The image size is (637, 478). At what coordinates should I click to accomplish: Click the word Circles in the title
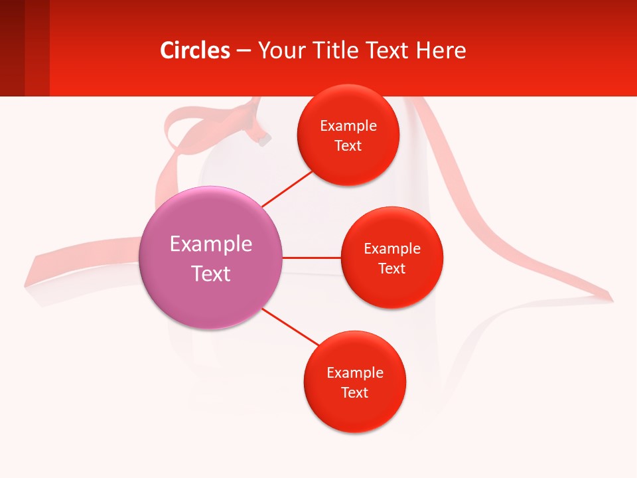pyautogui.click(x=195, y=50)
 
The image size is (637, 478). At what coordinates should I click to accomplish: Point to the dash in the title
pyautogui.click(x=244, y=51)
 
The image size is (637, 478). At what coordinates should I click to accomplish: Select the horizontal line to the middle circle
pyautogui.click(x=312, y=258)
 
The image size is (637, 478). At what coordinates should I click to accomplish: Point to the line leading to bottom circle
pyautogui.click(x=290, y=327)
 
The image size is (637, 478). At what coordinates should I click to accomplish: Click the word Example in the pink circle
pyautogui.click(x=211, y=244)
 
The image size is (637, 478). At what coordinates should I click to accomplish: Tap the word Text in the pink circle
pyautogui.click(x=211, y=274)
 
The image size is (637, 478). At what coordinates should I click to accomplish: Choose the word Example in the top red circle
pyautogui.click(x=348, y=126)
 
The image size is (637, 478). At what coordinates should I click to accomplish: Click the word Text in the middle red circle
pyautogui.click(x=392, y=269)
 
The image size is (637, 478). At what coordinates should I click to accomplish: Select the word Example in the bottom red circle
pyautogui.click(x=355, y=373)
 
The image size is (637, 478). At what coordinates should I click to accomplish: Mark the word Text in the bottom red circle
pyautogui.click(x=355, y=393)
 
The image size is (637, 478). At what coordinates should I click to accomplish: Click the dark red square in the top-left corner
pyautogui.click(x=12, y=48)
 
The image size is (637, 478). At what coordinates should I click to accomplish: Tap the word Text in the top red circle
pyautogui.click(x=348, y=146)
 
